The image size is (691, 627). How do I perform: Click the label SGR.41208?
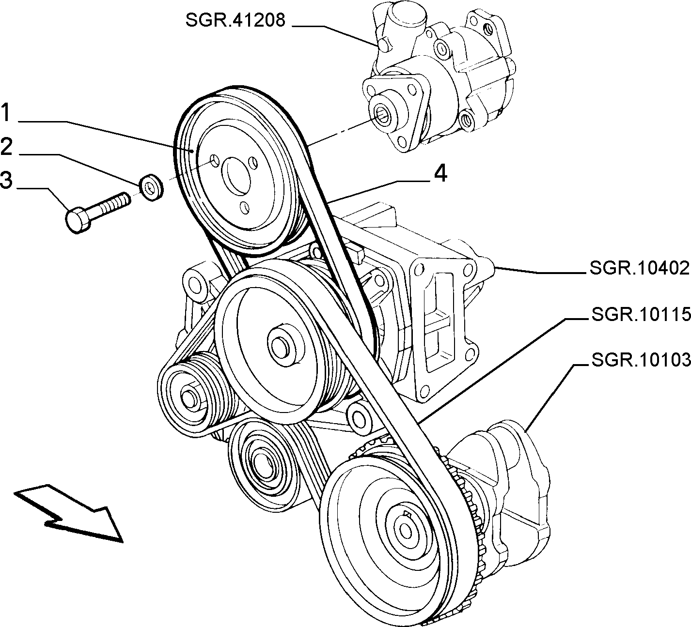(236, 20)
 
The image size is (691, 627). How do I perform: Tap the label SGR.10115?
(641, 315)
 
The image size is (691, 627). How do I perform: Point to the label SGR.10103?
(641, 360)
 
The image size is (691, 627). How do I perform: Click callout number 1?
(6, 113)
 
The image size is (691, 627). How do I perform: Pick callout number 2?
(7, 146)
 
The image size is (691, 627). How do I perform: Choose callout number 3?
(7, 180)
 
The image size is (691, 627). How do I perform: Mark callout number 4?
(440, 173)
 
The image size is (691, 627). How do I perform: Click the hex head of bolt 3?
(78, 221)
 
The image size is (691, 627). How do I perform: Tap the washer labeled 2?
(152, 188)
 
